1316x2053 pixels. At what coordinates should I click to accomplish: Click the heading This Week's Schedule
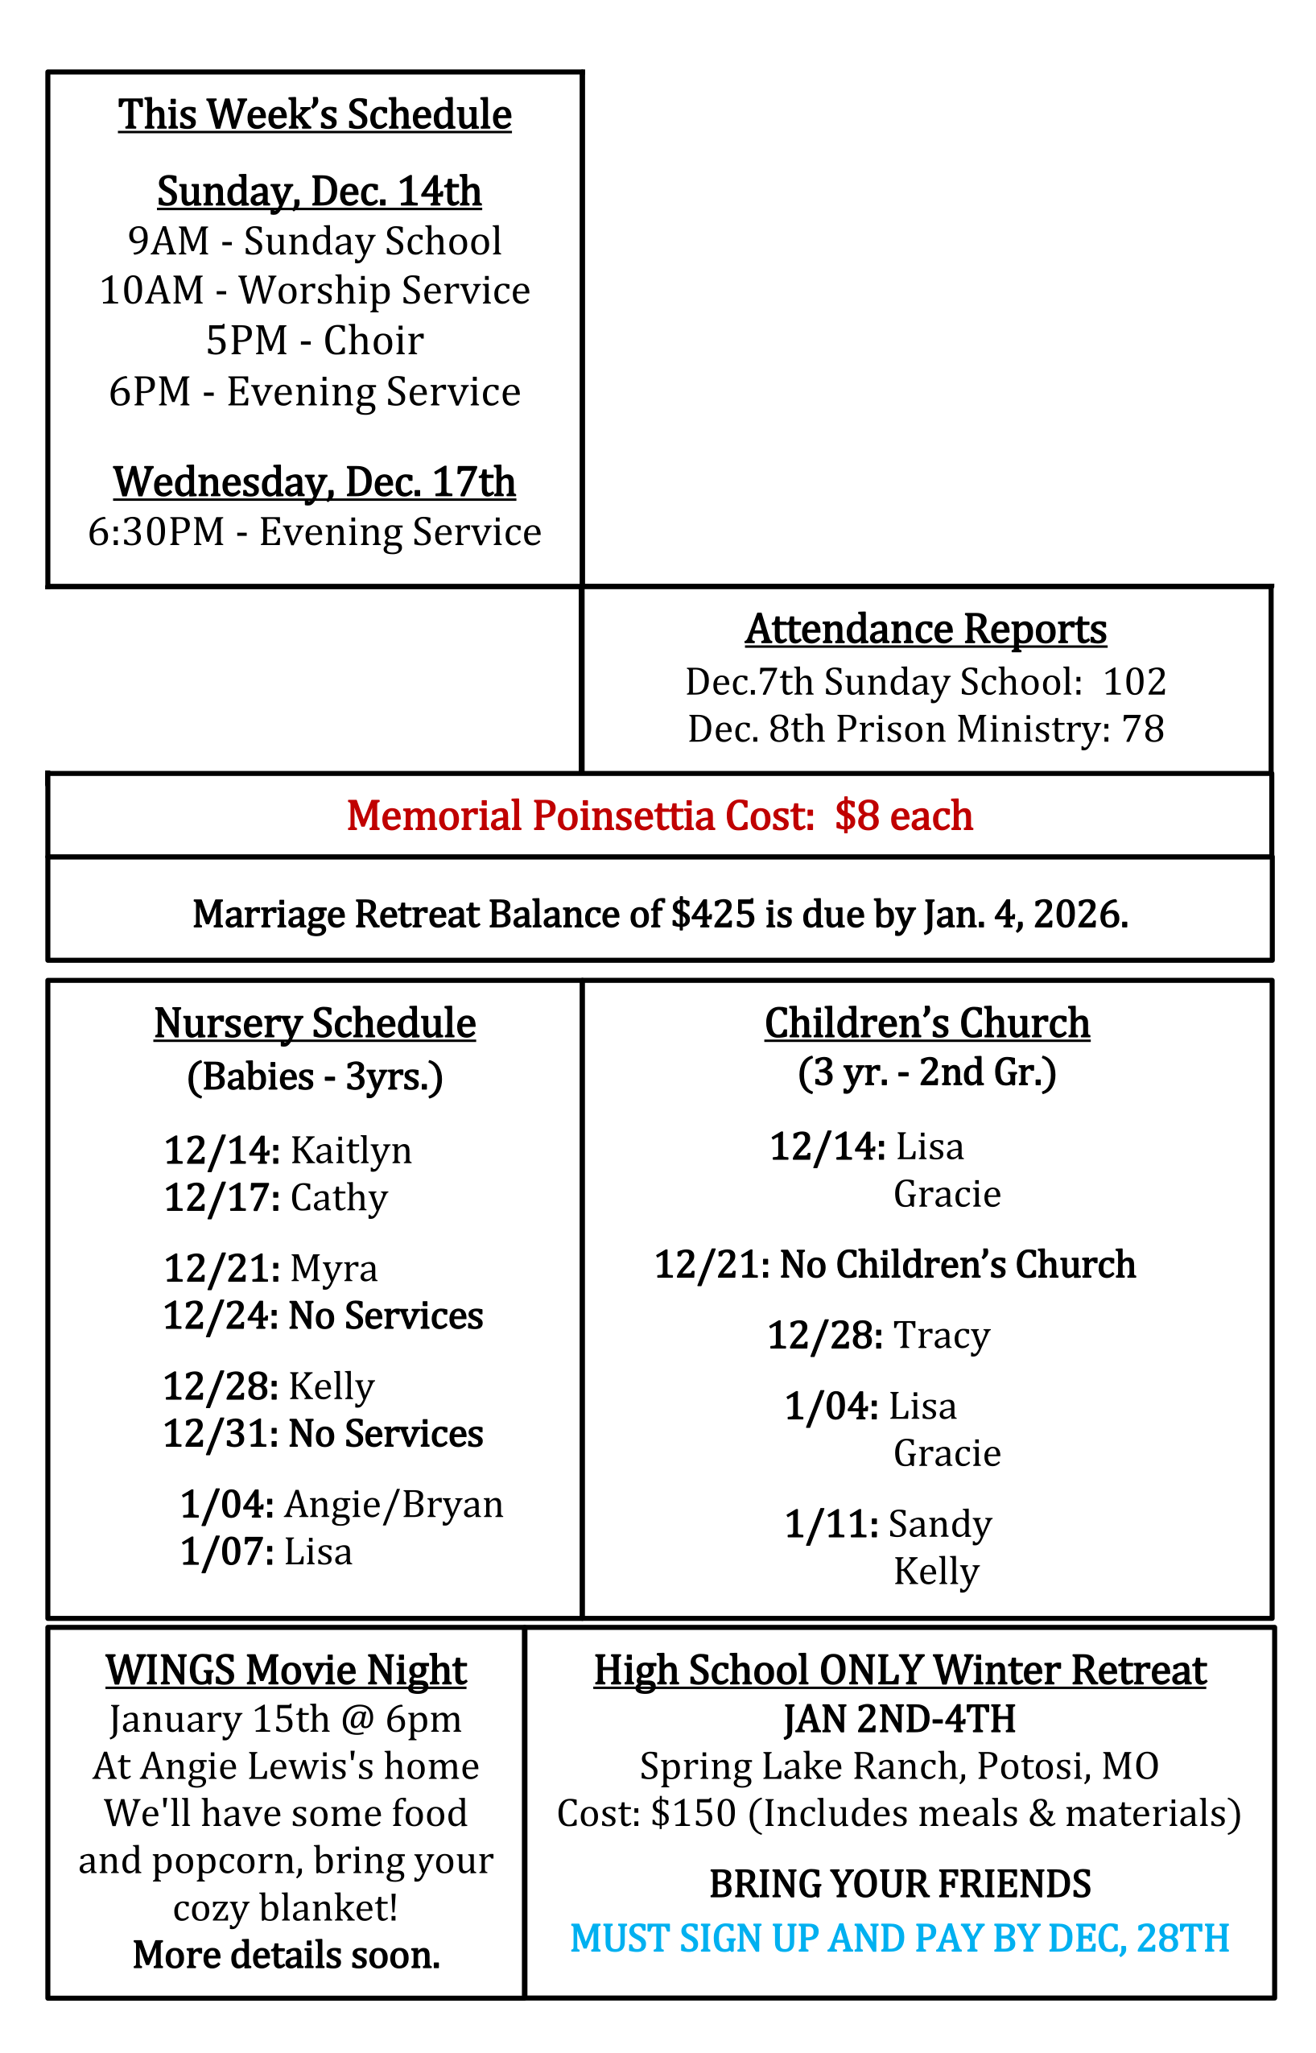tap(315, 114)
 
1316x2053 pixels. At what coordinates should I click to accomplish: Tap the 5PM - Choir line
tap(315, 341)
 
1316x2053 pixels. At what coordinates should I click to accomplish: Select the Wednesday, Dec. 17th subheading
tap(315, 482)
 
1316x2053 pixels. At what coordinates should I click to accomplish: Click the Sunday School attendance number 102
tap(1134, 682)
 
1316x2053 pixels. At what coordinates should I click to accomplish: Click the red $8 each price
tap(903, 816)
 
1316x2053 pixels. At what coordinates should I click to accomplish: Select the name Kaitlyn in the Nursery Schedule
tap(350, 1150)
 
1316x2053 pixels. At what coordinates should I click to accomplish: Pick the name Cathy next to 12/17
tap(338, 1197)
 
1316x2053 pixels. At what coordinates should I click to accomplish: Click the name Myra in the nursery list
tap(333, 1268)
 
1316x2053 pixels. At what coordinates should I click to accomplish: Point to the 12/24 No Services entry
tap(323, 1316)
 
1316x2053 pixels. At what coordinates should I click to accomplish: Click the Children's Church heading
tap(927, 1023)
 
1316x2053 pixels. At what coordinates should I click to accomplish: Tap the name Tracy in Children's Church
tap(941, 1335)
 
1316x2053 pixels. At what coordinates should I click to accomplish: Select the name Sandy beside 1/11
tap(940, 1524)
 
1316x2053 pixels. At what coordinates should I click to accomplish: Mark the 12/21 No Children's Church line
tap(895, 1264)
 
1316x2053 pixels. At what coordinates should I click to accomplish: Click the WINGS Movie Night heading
tap(287, 1670)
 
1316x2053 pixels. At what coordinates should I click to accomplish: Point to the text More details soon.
tap(287, 1955)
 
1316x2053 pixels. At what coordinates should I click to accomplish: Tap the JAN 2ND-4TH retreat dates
tap(900, 1719)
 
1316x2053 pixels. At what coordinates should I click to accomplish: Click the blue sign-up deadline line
tap(900, 1939)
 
